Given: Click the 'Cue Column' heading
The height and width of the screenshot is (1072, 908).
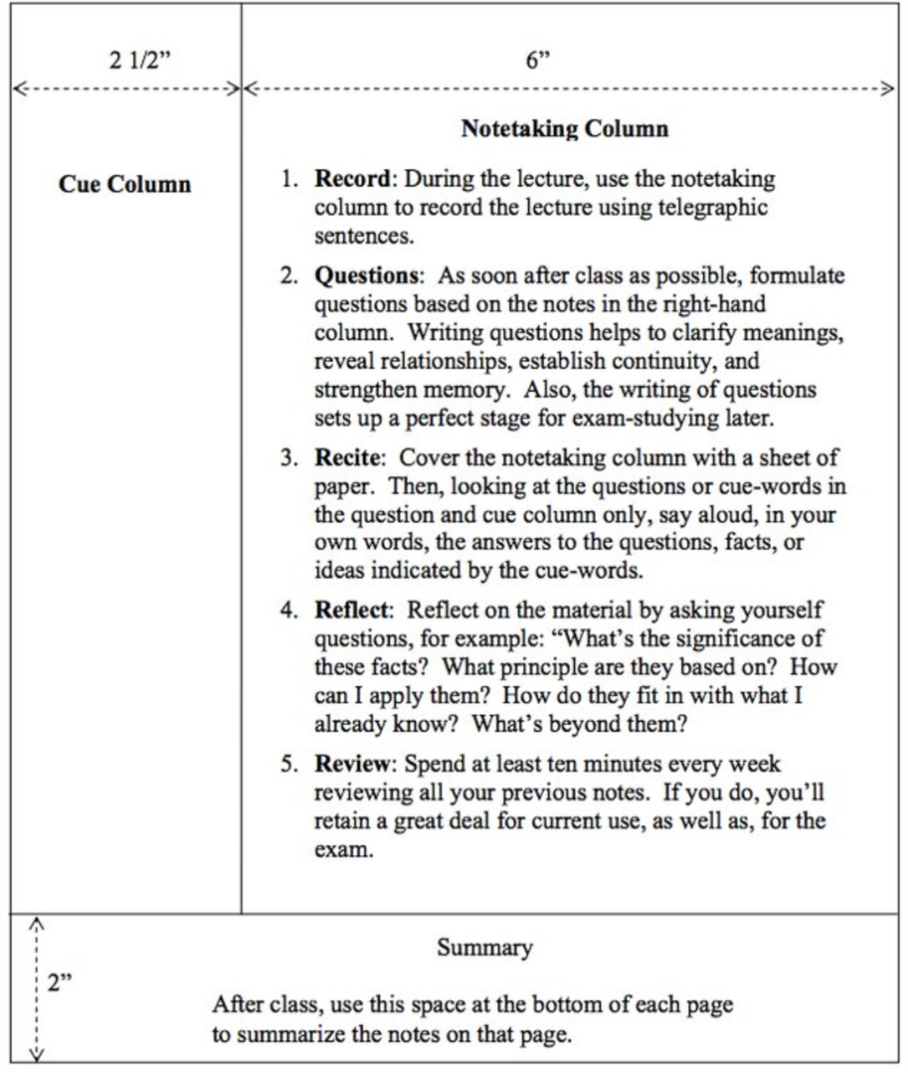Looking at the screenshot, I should (125, 184).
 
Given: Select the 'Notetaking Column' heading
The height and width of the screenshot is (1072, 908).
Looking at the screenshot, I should (565, 129).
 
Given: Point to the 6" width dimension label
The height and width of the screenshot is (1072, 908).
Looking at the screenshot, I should (538, 60).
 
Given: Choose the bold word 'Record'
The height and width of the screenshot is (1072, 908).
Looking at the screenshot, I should (351, 178).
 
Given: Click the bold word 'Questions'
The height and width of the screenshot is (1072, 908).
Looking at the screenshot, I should (367, 276).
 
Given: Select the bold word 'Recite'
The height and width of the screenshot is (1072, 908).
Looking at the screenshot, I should (347, 457).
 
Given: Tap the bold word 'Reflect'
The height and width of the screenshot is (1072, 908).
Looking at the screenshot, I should (351, 610).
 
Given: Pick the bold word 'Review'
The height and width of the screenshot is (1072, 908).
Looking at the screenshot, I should (351, 764).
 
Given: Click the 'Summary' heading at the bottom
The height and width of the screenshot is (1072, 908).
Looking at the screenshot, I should (485, 947).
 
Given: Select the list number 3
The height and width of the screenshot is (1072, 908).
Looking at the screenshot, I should (288, 458).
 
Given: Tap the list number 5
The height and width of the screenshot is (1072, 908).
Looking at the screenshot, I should (288, 765).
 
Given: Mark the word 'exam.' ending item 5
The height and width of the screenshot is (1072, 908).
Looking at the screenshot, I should (343, 849).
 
